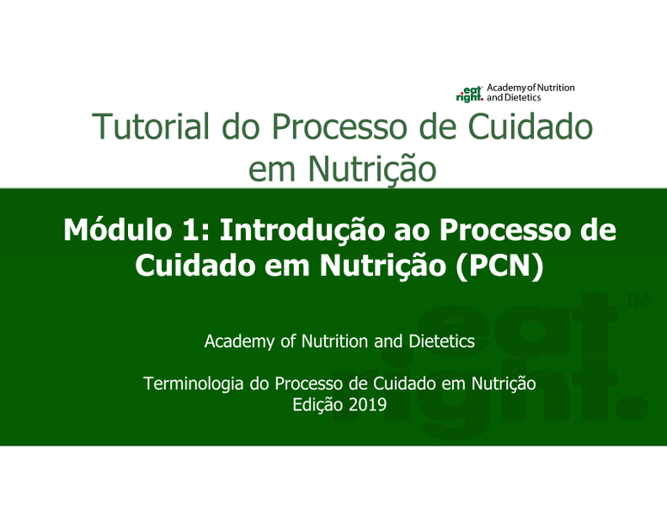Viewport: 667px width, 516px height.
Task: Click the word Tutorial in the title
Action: coord(151,126)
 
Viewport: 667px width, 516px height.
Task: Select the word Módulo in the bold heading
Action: coord(118,230)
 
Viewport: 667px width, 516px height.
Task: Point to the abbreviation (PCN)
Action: coord(499,267)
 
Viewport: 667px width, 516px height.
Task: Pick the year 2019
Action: coord(368,404)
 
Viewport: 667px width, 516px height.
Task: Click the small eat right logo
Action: coord(469,94)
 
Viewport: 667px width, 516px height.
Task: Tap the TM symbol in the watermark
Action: coord(638,301)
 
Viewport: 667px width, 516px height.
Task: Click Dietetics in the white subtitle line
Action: coord(442,341)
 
